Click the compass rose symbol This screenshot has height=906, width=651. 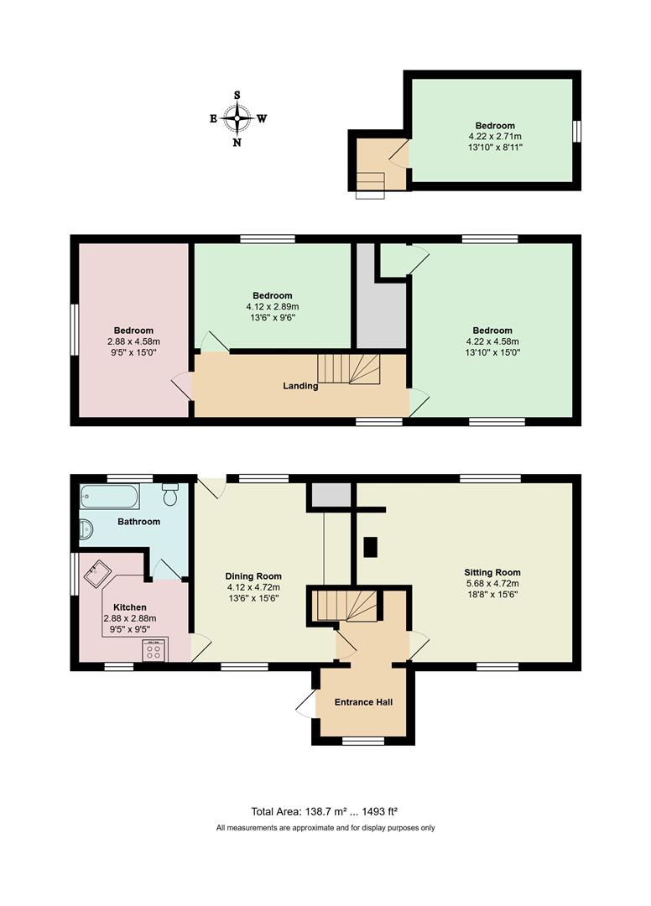[237, 118]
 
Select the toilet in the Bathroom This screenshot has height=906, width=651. [171, 494]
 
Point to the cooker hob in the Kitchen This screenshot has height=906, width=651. [154, 649]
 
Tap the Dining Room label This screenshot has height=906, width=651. [253, 576]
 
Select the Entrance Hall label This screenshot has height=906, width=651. [363, 702]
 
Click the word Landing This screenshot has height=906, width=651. [300, 386]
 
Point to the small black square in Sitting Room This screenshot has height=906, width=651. [370, 548]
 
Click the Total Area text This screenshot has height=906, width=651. [324, 811]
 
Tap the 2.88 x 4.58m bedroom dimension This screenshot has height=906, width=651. [133, 341]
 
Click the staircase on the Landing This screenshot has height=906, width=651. [348, 367]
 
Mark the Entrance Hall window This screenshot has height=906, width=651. [362, 741]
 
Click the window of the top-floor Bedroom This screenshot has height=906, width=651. [577, 132]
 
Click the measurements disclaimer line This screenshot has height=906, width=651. [325, 828]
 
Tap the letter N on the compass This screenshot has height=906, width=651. [237, 142]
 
